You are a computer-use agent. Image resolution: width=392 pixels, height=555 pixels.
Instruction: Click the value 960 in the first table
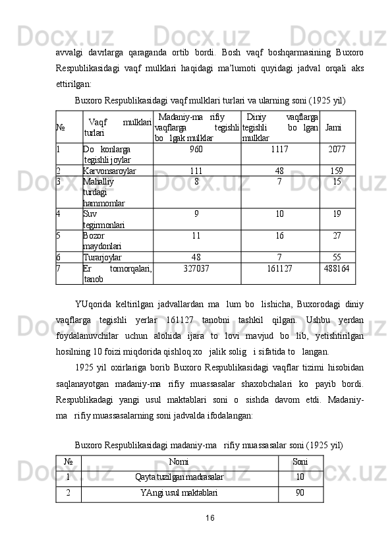pos(196,150)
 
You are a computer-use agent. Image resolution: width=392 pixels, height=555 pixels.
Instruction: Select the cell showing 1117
pos(280,150)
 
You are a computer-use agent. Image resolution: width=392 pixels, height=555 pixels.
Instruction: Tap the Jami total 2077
pos(337,150)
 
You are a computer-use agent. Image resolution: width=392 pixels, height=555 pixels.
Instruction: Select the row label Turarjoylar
pos(103,257)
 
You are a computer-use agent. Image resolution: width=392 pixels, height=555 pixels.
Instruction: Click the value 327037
pos(196,268)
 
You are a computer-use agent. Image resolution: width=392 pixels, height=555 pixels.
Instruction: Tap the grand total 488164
pos(337,268)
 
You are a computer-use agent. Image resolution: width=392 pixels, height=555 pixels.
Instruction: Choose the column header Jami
pos(333,127)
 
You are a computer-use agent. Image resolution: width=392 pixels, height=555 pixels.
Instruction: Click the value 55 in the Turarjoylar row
pos(337,257)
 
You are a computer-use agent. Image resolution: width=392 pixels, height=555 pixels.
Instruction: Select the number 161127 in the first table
pos(280,268)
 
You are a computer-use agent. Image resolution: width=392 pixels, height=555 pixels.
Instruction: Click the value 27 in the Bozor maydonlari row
pos(337,235)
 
